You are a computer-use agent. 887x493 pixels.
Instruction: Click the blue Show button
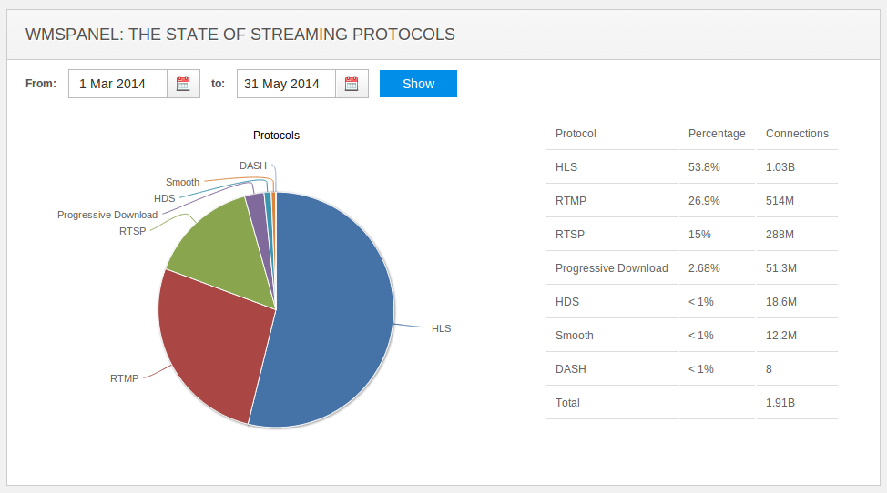tap(418, 84)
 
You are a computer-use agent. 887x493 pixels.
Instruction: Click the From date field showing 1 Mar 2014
tap(117, 84)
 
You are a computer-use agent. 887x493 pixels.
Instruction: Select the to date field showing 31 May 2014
tap(286, 84)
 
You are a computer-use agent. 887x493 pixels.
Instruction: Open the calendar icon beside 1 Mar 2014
tap(183, 84)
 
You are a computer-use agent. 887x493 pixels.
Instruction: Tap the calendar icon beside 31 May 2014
tap(352, 84)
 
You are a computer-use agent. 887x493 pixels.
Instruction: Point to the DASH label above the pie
tap(252, 166)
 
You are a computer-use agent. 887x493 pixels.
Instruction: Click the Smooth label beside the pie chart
tap(182, 182)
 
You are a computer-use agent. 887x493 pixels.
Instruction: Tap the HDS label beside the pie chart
tap(165, 198)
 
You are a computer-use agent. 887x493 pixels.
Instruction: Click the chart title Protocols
tap(276, 136)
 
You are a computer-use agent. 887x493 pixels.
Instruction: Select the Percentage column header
tap(717, 134)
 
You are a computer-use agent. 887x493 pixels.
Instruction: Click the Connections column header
tap(797, 134)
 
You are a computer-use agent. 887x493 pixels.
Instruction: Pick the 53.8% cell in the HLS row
tap(703, 167)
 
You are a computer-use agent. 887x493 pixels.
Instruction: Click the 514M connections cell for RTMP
tap(780, 201)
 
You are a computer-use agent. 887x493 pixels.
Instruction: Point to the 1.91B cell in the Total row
tap(780, 403)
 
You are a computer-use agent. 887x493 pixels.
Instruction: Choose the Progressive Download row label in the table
tap(611, 268)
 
